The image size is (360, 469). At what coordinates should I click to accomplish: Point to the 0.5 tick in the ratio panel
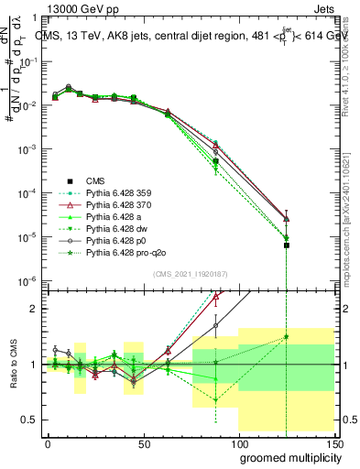point(31,420)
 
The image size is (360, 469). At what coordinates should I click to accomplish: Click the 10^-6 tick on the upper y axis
point(29,280)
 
